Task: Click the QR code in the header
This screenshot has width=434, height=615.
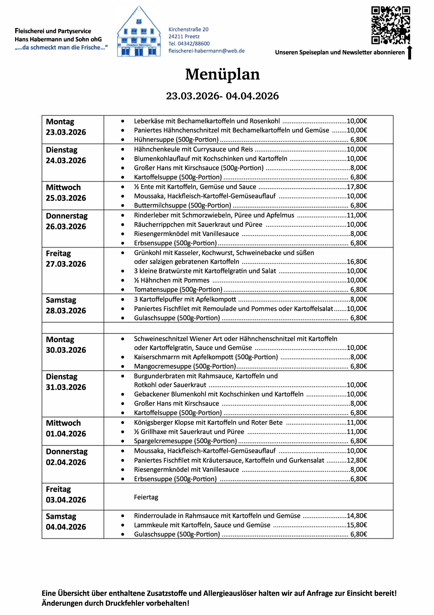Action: coord(390,25)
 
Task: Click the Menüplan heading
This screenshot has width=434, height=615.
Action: coord(222,74)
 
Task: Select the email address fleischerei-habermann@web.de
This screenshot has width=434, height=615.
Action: coord(206,51)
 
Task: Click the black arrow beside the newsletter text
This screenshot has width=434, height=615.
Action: coord(410,53)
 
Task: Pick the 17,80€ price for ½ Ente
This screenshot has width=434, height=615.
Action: coord(357,187)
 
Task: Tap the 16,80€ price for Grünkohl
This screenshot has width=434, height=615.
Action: coord(357,261)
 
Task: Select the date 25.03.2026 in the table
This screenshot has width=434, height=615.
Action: coord(66,198)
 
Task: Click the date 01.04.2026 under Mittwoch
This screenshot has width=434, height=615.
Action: coord(66,434)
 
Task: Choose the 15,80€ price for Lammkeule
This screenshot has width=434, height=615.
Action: coord(357,525)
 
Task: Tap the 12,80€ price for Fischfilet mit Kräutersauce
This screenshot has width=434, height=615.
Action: coord(357,460)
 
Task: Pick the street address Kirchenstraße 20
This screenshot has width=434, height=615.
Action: coord(188,30)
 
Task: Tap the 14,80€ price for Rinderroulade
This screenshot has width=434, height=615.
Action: coord(357,516)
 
